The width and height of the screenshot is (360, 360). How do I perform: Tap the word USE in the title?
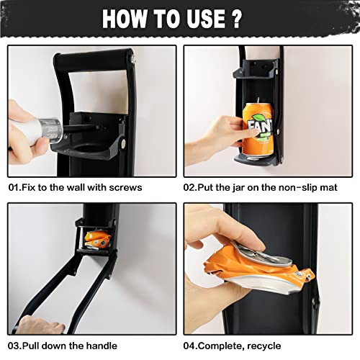[221, 19]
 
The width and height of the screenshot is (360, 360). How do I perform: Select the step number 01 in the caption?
[14, 187]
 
